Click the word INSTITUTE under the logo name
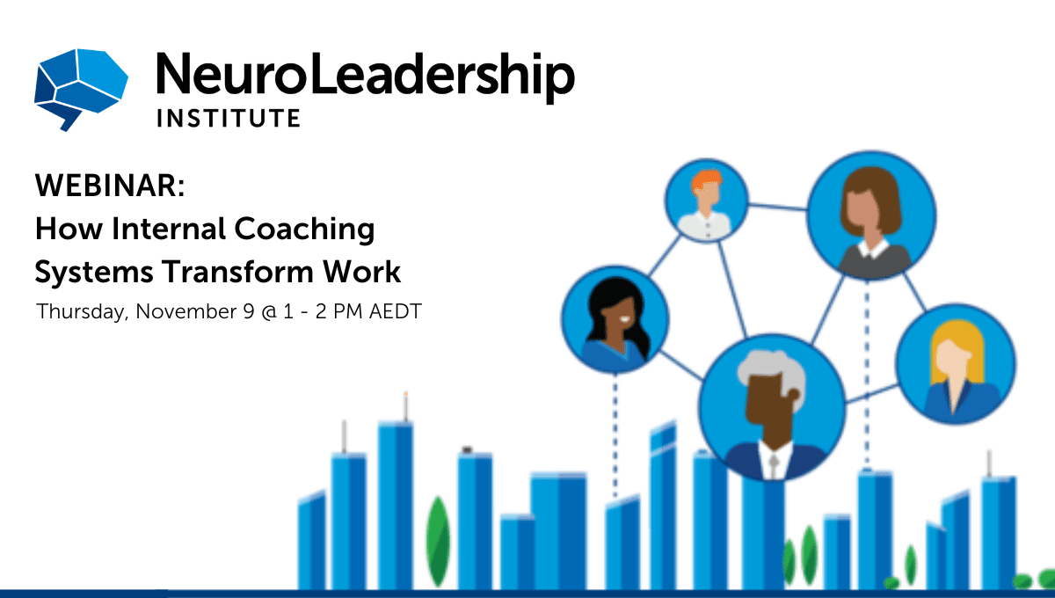229,118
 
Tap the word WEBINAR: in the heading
110,186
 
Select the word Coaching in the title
304,230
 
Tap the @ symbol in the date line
269,312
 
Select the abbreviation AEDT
395,311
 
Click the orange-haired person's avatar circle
707,201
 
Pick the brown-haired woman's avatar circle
871,215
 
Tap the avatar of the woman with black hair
615,319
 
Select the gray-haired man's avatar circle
772,407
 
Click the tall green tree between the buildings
438,542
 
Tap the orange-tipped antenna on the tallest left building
405,406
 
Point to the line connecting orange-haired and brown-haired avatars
777,207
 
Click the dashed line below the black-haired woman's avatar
615,435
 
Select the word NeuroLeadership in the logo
366,76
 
